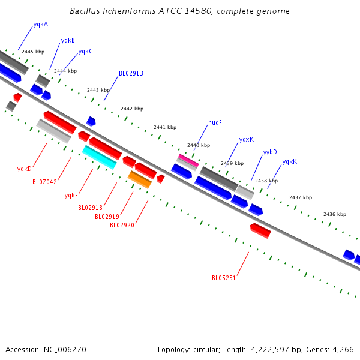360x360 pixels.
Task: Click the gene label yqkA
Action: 41,25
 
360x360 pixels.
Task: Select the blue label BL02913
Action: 131,73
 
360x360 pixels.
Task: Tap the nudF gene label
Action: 215,122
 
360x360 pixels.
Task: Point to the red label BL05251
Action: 224,278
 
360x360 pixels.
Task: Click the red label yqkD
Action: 25,169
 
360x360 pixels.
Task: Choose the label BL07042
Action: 44,182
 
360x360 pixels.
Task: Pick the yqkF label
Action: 71,195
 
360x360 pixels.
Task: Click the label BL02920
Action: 122,225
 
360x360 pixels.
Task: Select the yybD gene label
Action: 270,152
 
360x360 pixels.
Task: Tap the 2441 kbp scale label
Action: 165,127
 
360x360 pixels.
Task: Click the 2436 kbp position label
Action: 335,214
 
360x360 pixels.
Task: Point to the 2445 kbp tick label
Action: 33,52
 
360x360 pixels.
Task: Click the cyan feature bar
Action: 100,157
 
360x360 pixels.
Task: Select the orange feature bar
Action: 140,179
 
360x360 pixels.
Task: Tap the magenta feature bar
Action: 189,160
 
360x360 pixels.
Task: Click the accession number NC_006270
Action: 65,350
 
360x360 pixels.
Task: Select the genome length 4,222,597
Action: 270,350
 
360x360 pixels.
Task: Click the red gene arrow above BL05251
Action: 260,231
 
